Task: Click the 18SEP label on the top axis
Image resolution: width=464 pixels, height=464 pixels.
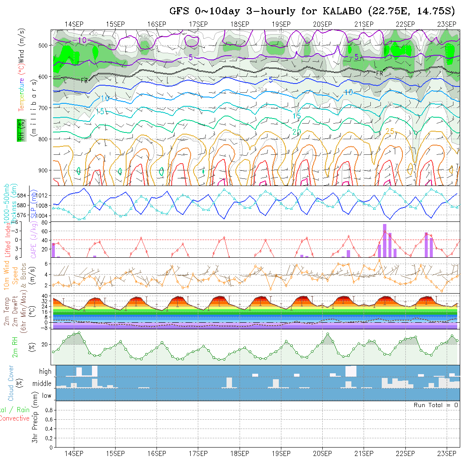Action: [240, 24]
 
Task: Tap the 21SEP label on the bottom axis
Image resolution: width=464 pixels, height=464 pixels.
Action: [364, 453]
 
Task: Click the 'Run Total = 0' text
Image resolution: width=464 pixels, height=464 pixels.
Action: [436, 405]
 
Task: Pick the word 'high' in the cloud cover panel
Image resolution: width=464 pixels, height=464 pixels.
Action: [45, 372]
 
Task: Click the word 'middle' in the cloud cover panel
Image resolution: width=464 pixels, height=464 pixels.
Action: [42, 384]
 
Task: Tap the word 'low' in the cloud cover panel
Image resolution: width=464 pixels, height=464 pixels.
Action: [46, 396]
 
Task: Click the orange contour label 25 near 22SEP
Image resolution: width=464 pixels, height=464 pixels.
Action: [390, 132]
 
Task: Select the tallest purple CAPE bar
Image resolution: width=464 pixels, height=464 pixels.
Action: [385, 240]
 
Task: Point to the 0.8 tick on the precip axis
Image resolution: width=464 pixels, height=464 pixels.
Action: [48, 410]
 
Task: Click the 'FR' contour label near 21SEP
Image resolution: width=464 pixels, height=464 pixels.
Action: [379, 73]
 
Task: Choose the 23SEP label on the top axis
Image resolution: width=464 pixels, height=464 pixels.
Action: [447, 24]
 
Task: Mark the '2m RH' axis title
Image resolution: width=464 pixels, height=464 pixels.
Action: [15, 347]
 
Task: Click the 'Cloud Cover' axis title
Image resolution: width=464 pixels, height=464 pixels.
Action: [11, 383]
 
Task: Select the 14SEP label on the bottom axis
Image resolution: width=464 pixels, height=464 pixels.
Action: [74, 453]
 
